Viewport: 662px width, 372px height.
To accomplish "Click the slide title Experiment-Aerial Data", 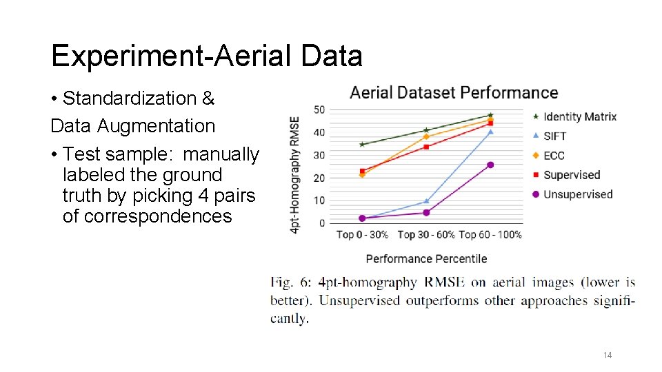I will pyautogui.click(x=206, y=56).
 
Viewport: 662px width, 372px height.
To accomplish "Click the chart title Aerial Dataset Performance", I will pyautogui.click(x=454, y=92).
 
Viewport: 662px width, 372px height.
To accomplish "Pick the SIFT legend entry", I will pyautogui.click(x=554, y=136).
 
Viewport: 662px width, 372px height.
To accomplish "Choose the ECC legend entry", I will pyautogui.click(x=554, y=156).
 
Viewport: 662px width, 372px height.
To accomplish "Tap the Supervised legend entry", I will pyautogui.click(x=572, y=175).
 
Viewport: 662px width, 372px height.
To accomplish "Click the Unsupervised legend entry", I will pyautogui.click(x=578, y=194).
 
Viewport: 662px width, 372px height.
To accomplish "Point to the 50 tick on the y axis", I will pyautogui.click(x=319, y=110).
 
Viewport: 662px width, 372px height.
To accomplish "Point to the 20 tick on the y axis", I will pyautogui.click(x=319, y=178).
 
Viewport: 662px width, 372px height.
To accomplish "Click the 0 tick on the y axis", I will pyautogui.click(x=321, y=223).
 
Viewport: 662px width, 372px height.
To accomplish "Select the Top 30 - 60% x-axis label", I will pyautogui.click(x=426, y=235).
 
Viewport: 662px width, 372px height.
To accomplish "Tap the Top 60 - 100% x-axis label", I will pyautogui.click(x=490, y=235).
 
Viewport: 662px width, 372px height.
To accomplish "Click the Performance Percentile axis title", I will pyautogui.click(x=426, y=259).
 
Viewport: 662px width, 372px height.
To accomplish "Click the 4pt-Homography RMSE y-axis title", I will pyautogui.click(x=295, y=174).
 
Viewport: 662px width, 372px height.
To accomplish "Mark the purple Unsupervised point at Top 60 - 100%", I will pyautogui.click(x=490, y=165).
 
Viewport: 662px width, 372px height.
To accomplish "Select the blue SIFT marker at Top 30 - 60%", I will pyautogui.click(x=426, y=201).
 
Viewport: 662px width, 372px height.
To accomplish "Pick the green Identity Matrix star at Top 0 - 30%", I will pyautogui.click(x=362, y=144).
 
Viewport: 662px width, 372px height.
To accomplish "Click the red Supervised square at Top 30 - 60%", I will pyautogui.click(x=426, y=147).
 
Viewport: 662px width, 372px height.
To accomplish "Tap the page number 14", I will pyautogui.click(x=607, y=355).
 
